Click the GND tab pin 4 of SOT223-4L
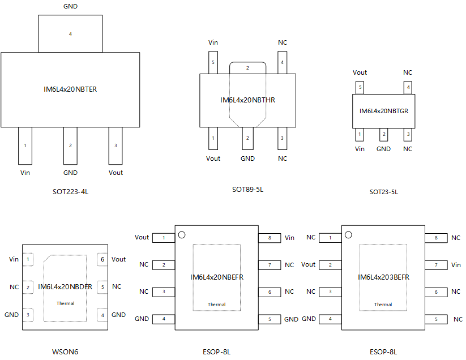[x=70, y=33]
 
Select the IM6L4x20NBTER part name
[x=70, y=89]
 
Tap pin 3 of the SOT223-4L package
[x=116, y=145]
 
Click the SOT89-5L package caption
[x=247, y=190]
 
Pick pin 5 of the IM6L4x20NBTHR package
[x=213, y=62]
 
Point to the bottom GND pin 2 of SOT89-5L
[x=247, y=139]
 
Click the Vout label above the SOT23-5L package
[x=360, y=72]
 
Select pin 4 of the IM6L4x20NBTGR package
[x=408, y=87]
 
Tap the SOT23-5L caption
[x=384, y=192]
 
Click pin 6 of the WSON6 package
[x=102, y=259]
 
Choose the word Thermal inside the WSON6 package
[x=65, y=303]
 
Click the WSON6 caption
[x=65, y=352]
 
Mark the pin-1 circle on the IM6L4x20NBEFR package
[x=182, y=235]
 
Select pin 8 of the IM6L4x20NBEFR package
[x=270, y=238]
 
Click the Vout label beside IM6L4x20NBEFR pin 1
[x=142, y=237]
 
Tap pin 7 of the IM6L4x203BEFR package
[x=436, y=265]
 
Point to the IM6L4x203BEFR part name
[x=383, y=277]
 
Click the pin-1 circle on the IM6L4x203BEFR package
[x=348, y=235]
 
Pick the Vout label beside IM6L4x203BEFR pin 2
[x=308, y=264]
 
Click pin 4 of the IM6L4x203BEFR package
[x=330, y=319]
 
